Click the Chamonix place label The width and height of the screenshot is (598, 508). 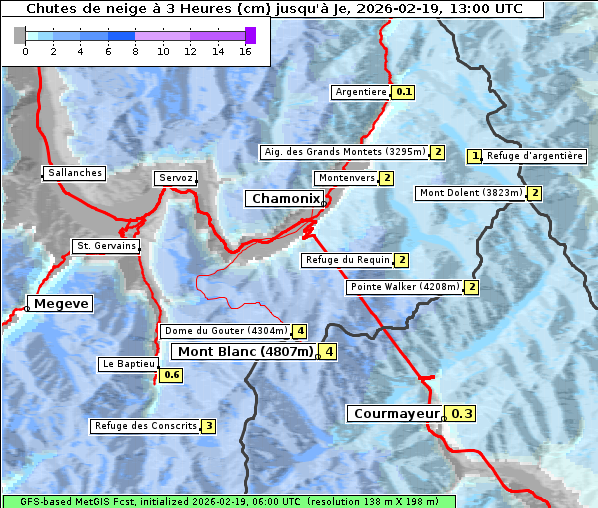click(x=285, y=199)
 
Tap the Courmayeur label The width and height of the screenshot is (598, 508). click(x=397, y=413)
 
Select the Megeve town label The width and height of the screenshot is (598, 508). click(x=61, y=303)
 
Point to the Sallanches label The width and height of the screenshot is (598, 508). click(x=75, y=173)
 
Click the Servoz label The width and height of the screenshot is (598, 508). click(x=175, y=178)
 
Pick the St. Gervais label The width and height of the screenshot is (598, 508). click(x=105, y=246)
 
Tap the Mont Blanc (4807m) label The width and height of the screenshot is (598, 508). click(x=245, y=351)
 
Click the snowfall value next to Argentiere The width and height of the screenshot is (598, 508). click(x=404, y=92)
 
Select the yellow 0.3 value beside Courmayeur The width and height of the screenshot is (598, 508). click(x=461, y=413)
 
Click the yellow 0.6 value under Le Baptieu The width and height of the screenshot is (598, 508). click(x=171, y=375)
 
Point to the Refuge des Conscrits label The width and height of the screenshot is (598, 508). click(x=146, y=426)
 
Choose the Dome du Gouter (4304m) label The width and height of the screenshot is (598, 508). click(x=226, y=331)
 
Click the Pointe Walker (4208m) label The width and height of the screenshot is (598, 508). click(x=405, y=287)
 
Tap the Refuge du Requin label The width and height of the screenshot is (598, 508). click(x=347, y=260)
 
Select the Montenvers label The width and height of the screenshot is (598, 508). click(x=346, y=178)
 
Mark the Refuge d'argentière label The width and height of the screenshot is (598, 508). click(x=534, y=156)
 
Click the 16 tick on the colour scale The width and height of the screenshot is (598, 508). click(x=245, y=51)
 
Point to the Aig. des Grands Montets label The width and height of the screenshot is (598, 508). click(x=344, y=152)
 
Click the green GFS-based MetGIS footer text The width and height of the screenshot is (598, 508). click(x=228, y=501)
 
